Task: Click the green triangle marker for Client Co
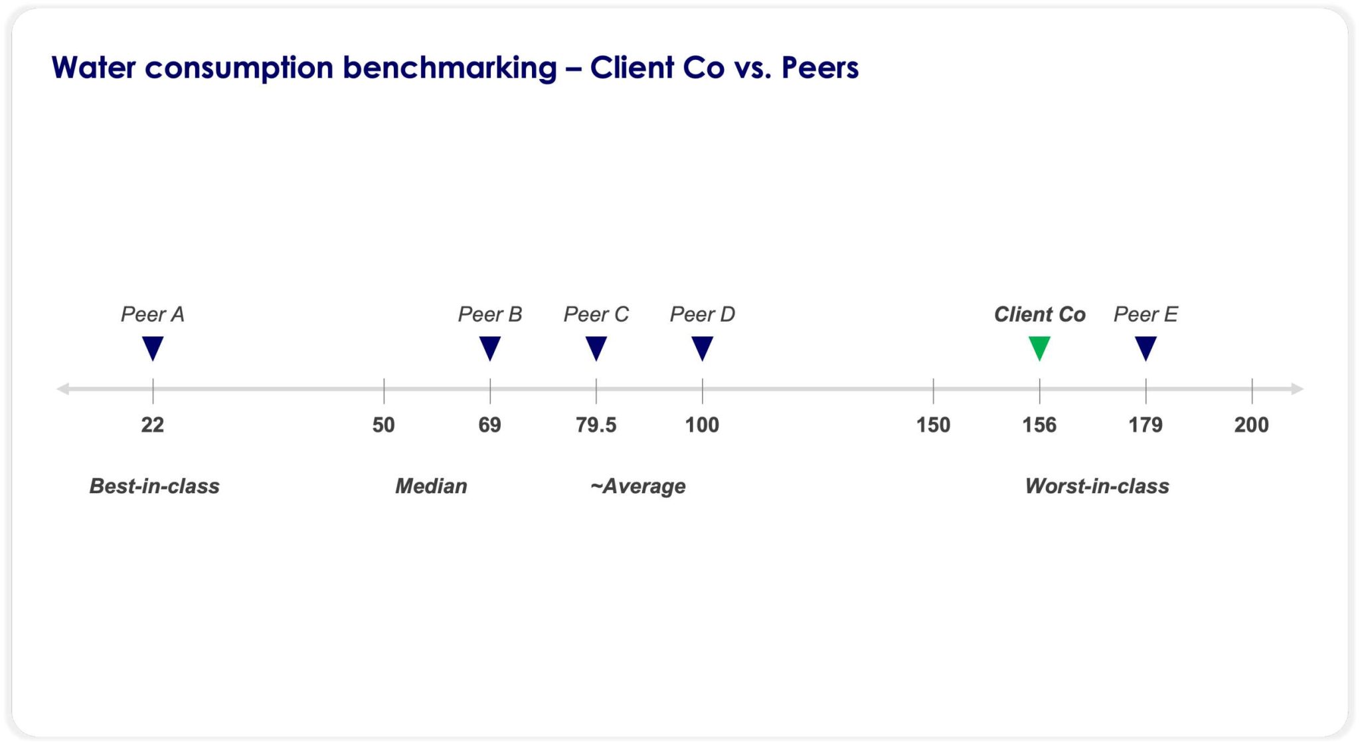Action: coord(1039,347)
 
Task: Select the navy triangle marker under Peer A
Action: coord(153,347)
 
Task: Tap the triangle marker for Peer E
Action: coord(1146,347)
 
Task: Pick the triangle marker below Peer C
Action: coord(596,347)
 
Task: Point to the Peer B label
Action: coord(490,314)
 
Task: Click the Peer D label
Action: coord(702,314)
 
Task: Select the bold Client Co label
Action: coord(1039,314)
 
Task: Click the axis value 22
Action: coord(153,425)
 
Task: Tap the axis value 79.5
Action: coord(596,425)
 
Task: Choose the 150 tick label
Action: coord(933,425)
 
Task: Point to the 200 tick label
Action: coord(1251,425)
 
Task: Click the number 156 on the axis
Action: coord(1039,425)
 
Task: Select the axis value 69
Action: coord(490,425)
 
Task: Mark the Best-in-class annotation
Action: coord(155,486)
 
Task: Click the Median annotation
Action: coord(431,486)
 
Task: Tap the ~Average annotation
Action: coord(637,486)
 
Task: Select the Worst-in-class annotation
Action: coord(1097,486)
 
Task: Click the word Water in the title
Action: coord(94,68)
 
